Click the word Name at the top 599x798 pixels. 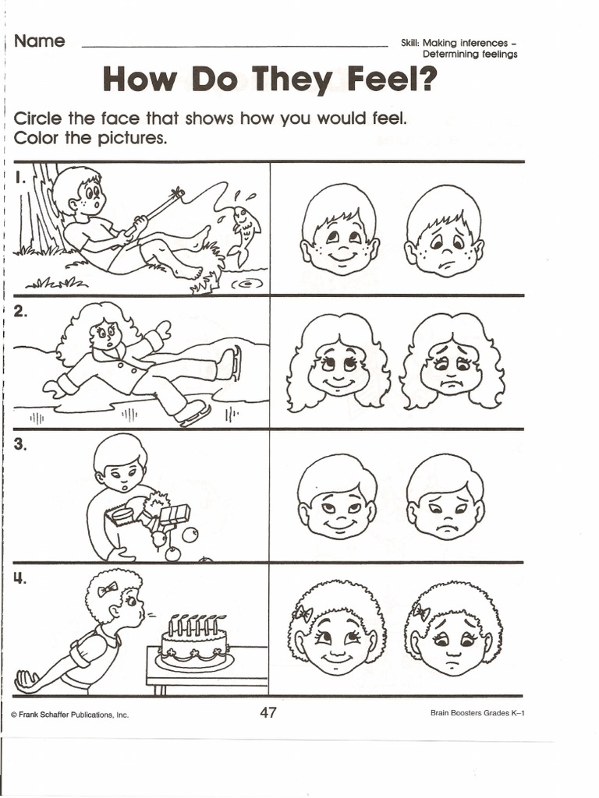pos(39,41)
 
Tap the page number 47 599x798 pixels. pos(268,712)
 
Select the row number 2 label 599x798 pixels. pos(20,312)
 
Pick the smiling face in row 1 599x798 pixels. pos(339,230)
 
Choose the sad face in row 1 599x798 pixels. pos(444,231)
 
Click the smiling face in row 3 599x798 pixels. pos(337,497)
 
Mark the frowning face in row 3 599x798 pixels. pos(445,497)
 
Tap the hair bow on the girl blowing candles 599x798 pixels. pos(108,589)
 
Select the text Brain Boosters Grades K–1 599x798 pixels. pos(477,713)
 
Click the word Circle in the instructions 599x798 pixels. pos(38,118)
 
